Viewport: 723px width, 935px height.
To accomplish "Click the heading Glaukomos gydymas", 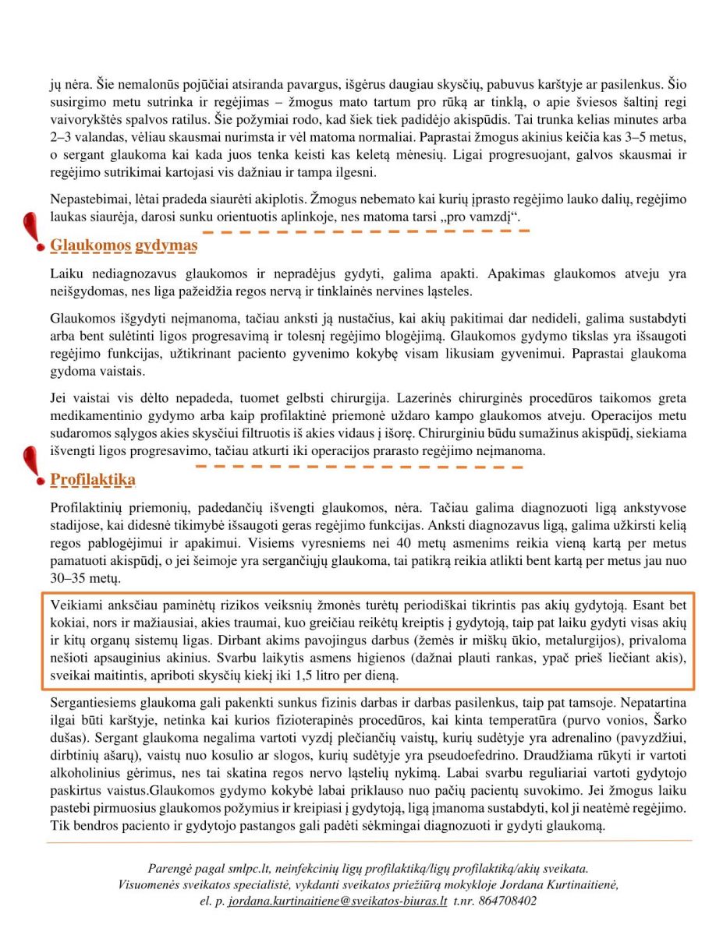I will click(x=123, y=246).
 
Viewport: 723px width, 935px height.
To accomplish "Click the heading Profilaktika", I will click(x=93, y=479).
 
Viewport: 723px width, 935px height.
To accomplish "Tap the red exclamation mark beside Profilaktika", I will click(x=31, y=464).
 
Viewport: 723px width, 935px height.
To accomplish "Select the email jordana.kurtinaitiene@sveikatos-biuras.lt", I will click(x=337, y=900).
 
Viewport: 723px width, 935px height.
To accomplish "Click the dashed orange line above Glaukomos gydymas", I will click(x=365, y=231).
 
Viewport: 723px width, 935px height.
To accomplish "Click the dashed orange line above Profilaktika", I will click(x=359, y=466).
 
